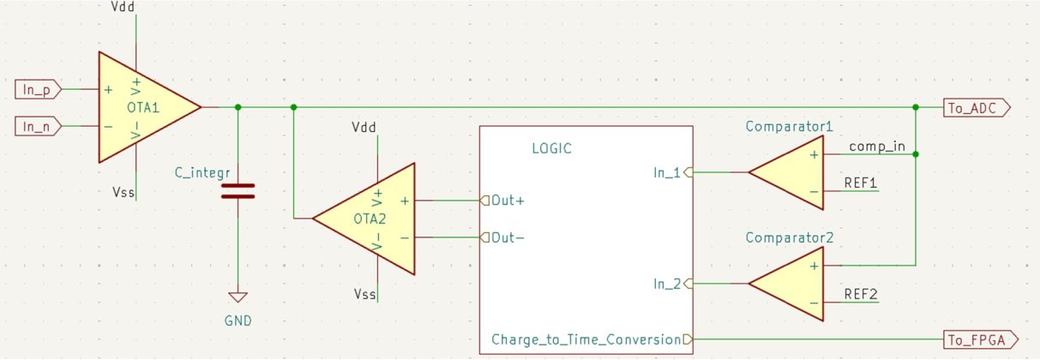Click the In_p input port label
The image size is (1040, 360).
[38, 88]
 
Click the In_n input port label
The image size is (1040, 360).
[38, 127]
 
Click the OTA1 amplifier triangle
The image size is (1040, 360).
[141, 107]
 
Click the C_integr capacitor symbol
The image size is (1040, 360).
[237, 190]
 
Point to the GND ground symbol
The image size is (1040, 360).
[237, 297]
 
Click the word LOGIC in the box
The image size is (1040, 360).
[551, 148]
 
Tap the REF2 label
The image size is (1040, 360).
[861, 294]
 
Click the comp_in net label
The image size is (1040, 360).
[876, 146]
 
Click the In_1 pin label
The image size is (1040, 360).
[666, 172]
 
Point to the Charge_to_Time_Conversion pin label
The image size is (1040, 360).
[586, 339]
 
